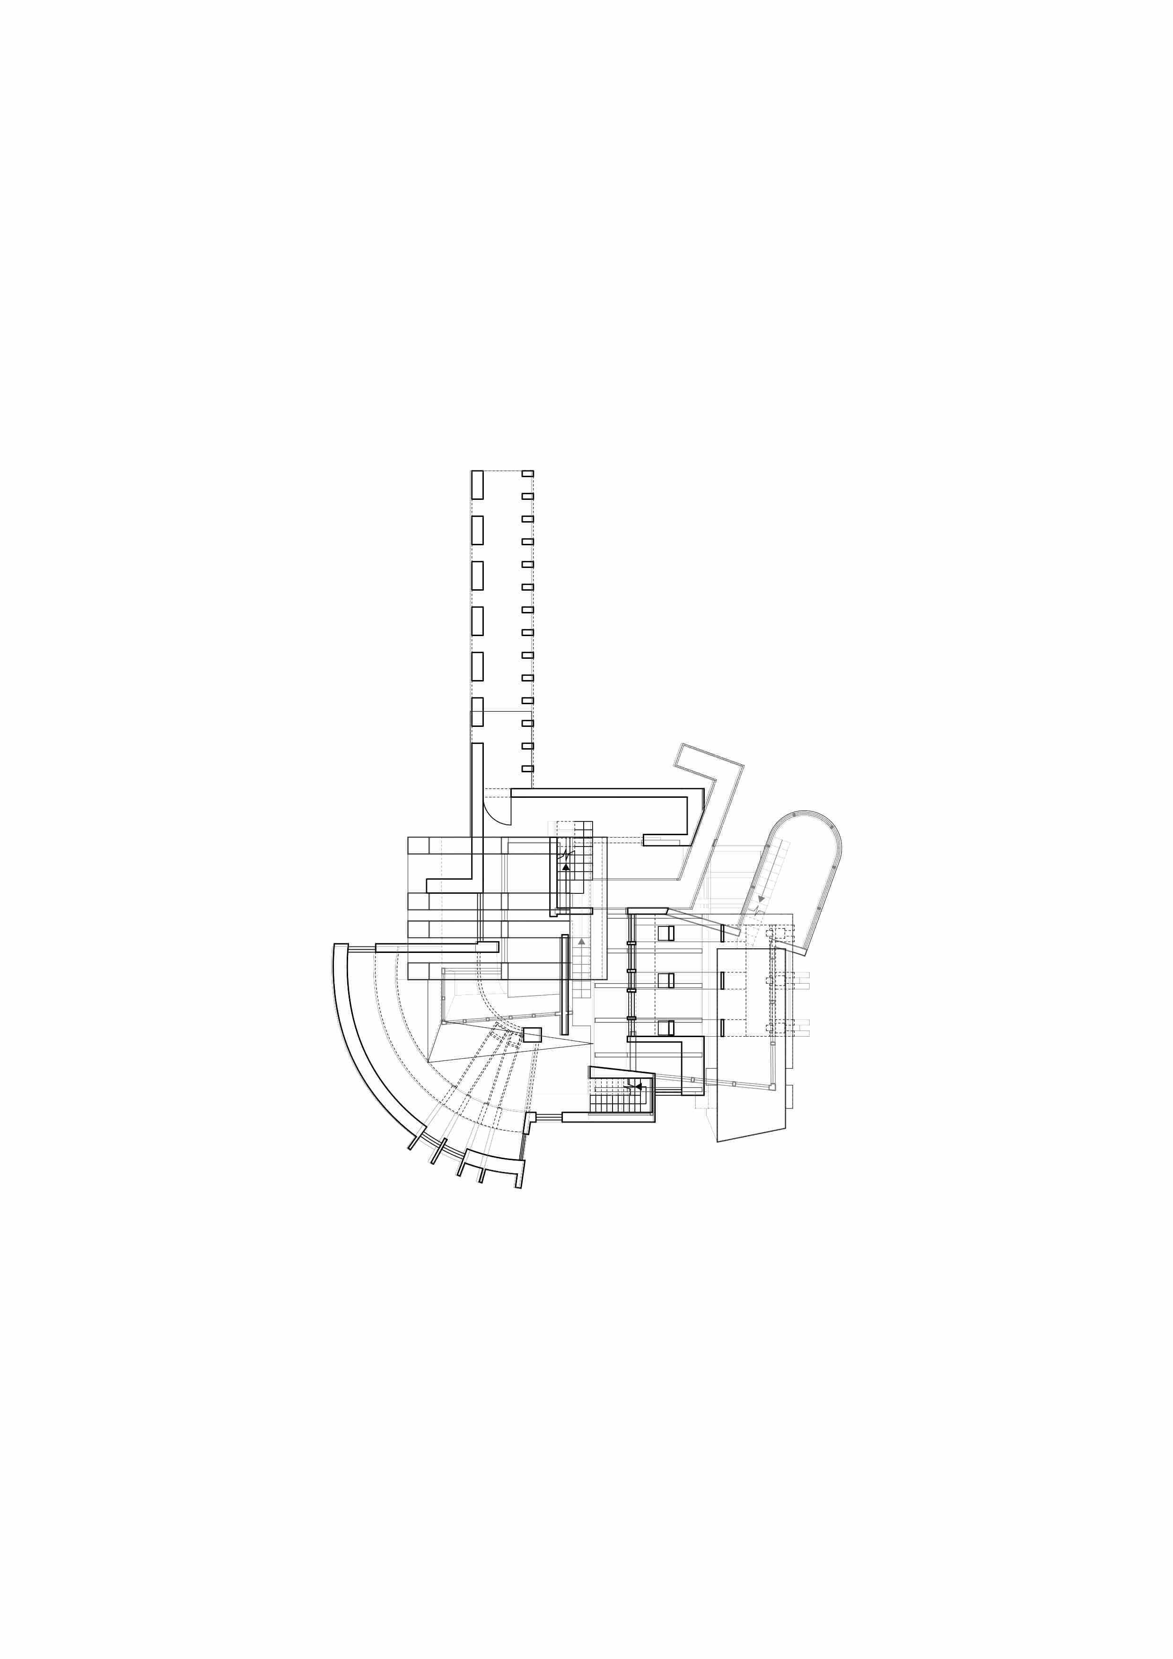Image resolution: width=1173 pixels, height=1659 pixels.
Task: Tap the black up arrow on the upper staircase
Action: [x=566, y=866]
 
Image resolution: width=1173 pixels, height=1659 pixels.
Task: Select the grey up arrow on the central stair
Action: [x=581, y=942]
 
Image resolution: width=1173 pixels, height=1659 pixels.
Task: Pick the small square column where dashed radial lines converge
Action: [x=533, y=1035]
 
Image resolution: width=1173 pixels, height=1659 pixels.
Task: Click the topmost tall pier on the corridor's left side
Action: [x=477, y=484]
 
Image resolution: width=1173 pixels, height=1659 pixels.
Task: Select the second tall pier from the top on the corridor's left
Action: [x=477, y=530]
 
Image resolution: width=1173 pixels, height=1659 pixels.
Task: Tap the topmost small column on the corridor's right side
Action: [x=527, y=473]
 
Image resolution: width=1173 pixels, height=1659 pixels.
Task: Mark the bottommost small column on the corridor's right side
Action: [x=527, y=768]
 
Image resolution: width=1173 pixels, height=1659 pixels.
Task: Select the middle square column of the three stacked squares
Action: [x=665, y=980]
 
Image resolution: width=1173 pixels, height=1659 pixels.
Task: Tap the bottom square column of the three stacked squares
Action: [x=665, y=1027]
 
